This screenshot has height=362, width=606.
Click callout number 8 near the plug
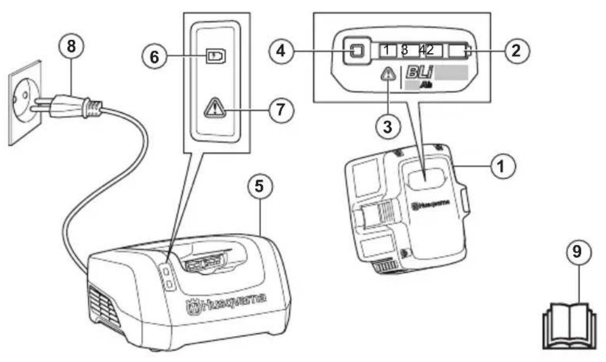tap(71, 48)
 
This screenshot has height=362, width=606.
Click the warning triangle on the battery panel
tap(388, 75)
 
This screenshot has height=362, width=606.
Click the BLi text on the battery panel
tap(418, 73)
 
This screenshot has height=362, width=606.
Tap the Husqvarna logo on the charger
tap(227, 300)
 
